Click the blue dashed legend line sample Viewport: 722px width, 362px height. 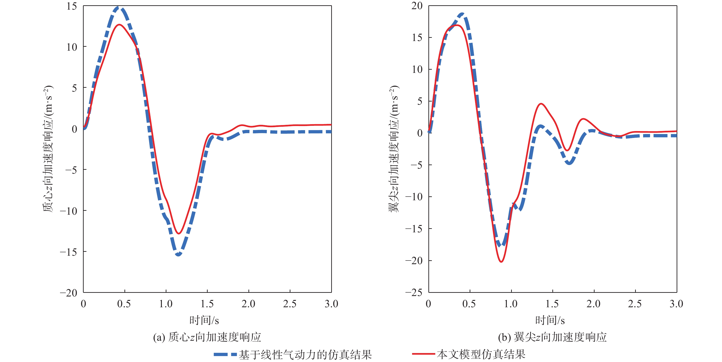pyautogui.click(x=225, y=354)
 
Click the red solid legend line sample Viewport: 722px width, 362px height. pyautogui.click(x=423, y=354)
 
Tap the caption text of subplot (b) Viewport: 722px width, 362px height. pyautogui.click(x=552, y=337)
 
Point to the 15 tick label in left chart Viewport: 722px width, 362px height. pyautogui.click(x=72, y=6)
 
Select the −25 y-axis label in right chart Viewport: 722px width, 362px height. pyautogui.click(x=414, y=293)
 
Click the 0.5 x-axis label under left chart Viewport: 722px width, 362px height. pyautogui.click(x=124, y=304)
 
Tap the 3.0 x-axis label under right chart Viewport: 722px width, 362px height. pyautogui.click(x=676, y=304)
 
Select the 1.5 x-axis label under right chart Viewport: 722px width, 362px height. pyautogui.click(x=552, y=304)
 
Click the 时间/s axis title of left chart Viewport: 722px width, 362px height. pyautogui.click(x=204, y=320)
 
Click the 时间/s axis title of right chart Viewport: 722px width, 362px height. pyautogui.click(x=550, y=320)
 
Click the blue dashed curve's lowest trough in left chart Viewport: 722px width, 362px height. pyautogui.click(x=178, y=254)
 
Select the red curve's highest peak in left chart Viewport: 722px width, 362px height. pyautogui.click(x=120, y=25)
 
